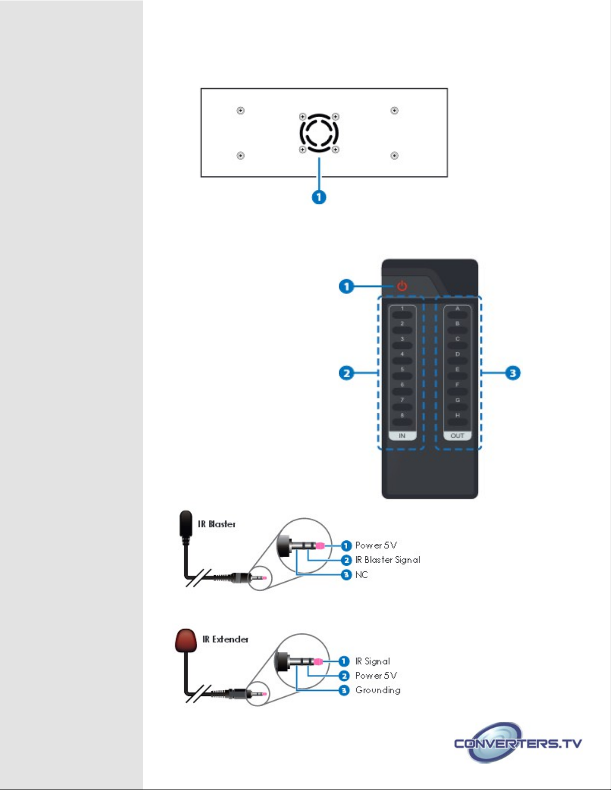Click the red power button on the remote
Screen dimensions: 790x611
tap(402, 286)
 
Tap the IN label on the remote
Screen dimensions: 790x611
tap(402, 436)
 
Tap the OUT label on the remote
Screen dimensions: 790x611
tap(457, 436)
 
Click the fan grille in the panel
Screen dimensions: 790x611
tap(319, 133)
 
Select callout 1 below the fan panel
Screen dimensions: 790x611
tap(319, 197)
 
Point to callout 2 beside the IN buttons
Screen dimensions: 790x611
tap(346, 373)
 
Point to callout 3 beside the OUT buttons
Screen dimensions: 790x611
tap(513, 373)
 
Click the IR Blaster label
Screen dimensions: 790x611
tap(216, 524)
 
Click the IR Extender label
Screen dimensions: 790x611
tap(225, 639)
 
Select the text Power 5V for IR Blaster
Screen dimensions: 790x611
tap(376, 545)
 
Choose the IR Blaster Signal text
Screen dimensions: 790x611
tap(388, 560)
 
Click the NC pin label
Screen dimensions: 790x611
tap(362, 575)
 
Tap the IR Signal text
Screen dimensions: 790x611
tap(373, 661)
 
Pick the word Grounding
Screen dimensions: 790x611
tap(378, 690)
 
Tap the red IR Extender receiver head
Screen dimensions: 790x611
tap(186, 640)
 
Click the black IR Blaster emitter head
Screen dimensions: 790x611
tap(186, 522)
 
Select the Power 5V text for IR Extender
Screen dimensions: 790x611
tap(376, 676)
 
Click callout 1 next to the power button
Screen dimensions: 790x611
tap(346, 286)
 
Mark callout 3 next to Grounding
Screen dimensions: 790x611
tap(344, 690)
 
